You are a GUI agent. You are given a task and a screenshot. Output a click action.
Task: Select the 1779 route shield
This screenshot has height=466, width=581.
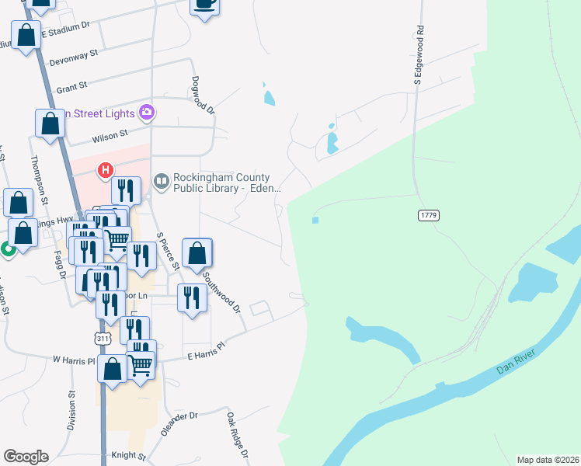[428, 214]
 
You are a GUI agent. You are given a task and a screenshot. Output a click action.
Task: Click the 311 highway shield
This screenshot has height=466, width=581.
[101, 339]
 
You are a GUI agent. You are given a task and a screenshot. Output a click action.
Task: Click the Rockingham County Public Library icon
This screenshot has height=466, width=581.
[162, 182]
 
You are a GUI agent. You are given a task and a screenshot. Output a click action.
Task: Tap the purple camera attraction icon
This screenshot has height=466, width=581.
[146, 113]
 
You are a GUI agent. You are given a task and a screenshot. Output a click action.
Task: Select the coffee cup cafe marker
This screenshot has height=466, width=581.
[204, 4]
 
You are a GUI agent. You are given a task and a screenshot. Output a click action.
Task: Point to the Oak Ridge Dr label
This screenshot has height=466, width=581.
[237, 434]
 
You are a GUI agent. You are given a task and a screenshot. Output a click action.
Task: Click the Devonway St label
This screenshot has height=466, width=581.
[73, 56]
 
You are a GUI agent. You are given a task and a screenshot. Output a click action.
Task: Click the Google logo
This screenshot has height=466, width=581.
[26, 457]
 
